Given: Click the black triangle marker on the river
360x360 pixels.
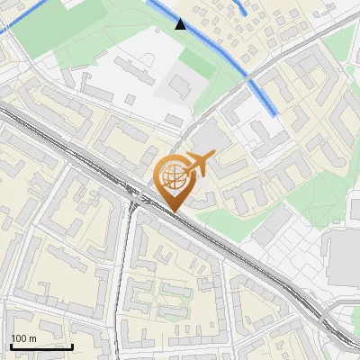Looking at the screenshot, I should click(181, 24).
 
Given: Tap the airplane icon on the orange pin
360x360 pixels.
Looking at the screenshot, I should click(197, 164).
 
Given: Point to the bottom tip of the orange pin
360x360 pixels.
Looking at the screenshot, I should click(174, 211).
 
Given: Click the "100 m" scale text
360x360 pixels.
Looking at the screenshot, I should click(23, 337).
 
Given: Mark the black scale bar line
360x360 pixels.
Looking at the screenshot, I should click(40, 346).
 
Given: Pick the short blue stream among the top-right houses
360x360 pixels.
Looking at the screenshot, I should click(240, 9).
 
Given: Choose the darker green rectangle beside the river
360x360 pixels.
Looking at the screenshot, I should click(196, 63).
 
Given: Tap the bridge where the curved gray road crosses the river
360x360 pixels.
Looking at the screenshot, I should click(248, 80).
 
